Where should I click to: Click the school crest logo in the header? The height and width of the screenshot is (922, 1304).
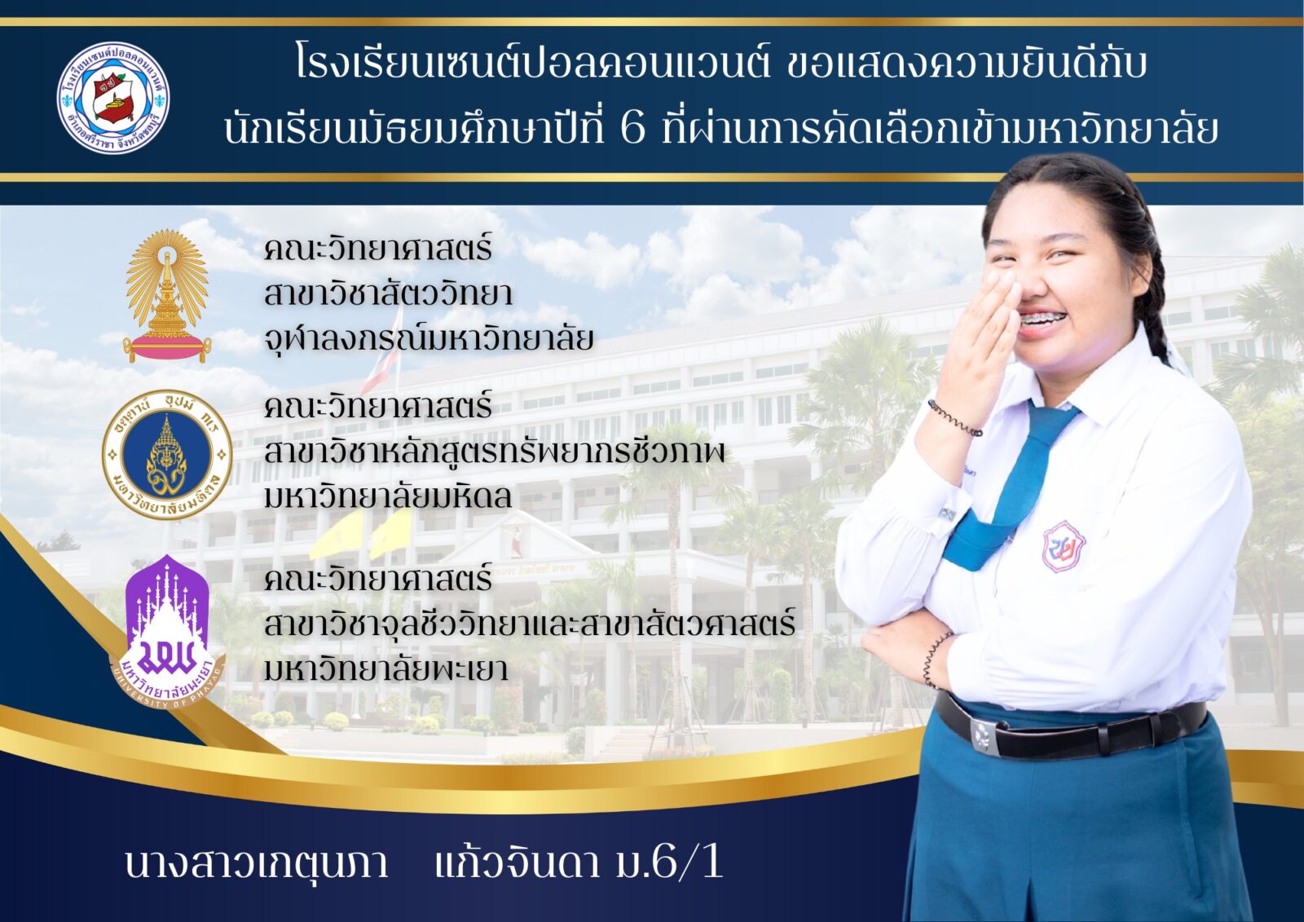click(x=113, y=98)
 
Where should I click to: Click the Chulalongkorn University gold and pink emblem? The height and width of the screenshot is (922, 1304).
click(x=167, y=297)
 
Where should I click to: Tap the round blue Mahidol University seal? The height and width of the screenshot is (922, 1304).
click(x=167, y=454)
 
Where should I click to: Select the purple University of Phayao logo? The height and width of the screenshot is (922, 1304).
click(x=167, y=631)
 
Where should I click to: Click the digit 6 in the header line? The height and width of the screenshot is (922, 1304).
click(x=632, y=129)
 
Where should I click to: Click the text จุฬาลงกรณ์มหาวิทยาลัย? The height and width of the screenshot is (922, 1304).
click(x=429, y=338)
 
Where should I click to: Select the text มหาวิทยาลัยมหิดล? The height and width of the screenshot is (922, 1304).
click(x=388, y=496)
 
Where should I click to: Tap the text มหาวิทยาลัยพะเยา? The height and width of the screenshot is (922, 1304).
click(x=386, y=668)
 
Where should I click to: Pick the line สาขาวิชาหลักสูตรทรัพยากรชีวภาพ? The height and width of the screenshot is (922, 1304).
click(x=494, y=452)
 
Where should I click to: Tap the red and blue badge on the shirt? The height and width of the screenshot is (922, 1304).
click(x=1063, y=545)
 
